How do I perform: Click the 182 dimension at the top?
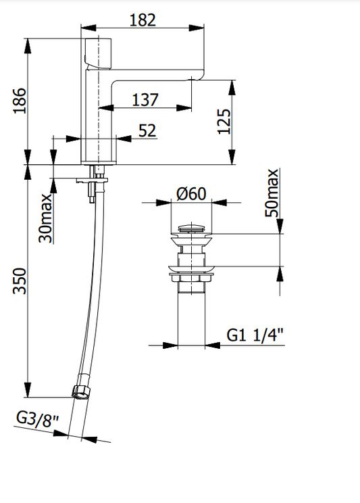point(143,20)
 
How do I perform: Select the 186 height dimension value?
point(20,101)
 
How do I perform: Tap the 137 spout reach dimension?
point(145,100)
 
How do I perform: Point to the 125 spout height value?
point(224,122)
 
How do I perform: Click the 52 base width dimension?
point(147,130)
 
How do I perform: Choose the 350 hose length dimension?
point(20,281)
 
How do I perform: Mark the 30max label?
point(45,218)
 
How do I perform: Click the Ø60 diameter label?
point(191,193)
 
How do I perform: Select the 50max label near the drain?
point(272,193)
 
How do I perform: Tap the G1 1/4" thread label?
point(255,335)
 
